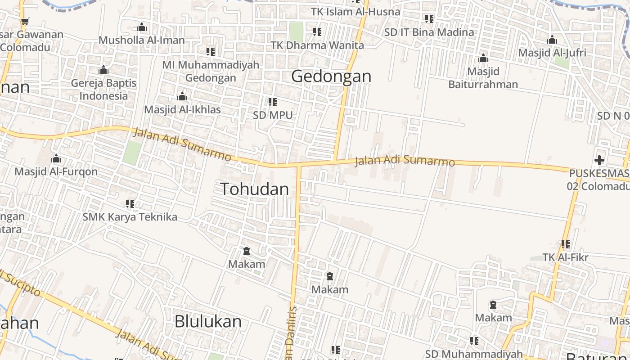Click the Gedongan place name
331,76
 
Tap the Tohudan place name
254,189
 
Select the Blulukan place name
208,322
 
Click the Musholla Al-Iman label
142,40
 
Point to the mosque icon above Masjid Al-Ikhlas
182,96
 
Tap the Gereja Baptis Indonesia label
103,89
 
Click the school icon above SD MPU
273,102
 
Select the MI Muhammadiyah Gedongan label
211,71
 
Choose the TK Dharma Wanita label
317,45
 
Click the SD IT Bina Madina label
429,32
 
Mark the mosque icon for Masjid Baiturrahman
483,58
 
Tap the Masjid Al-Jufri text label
552,53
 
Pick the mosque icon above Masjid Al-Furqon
56,158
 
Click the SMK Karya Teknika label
130,217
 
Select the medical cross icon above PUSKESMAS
599,160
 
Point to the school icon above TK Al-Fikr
566,244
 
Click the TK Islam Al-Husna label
355,12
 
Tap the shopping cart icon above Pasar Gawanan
25,21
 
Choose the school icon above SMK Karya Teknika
130,204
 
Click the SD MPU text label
273,115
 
